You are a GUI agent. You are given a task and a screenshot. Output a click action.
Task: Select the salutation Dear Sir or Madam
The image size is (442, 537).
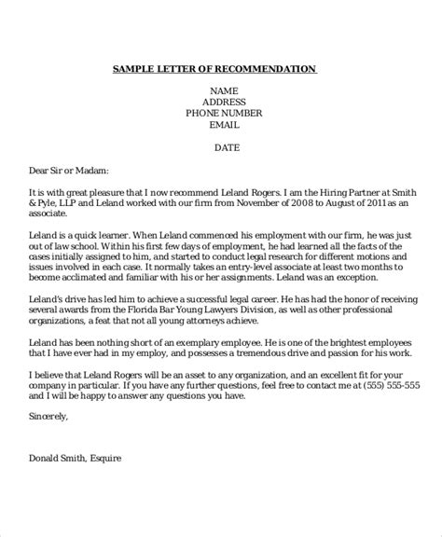(70, 170)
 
